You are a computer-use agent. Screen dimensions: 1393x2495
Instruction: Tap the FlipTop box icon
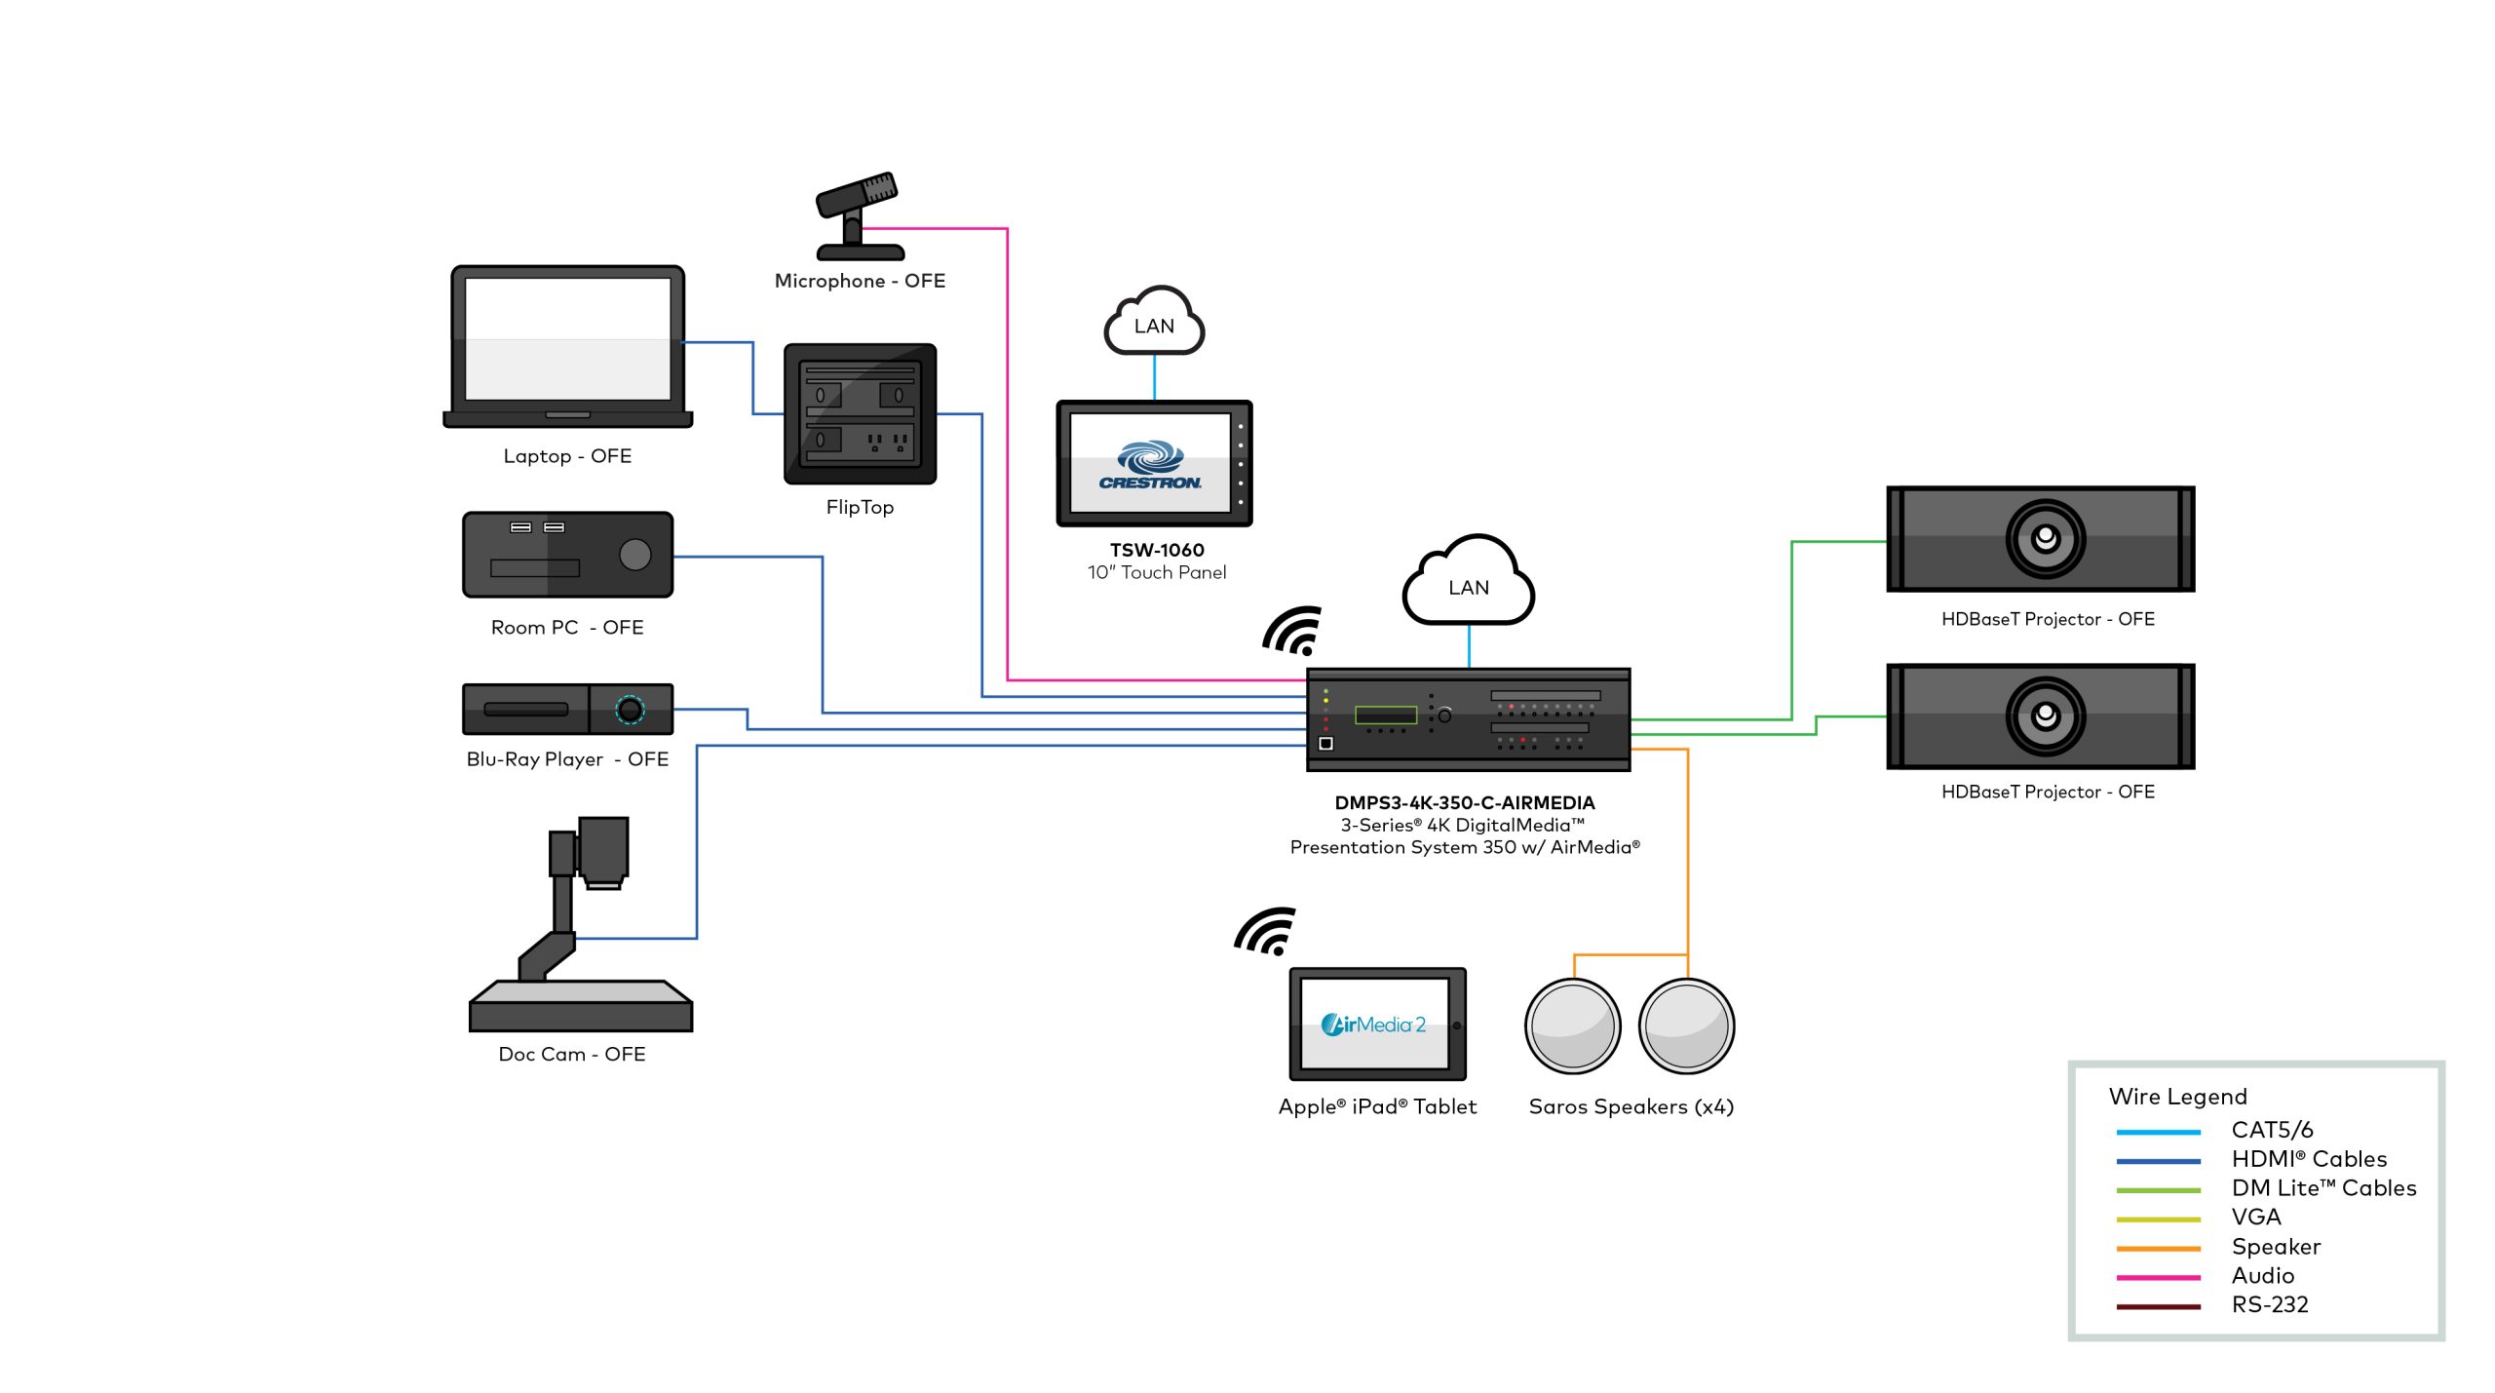click(x=860, y=413)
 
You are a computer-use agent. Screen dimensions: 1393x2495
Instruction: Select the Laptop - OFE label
click(x=567, y=456)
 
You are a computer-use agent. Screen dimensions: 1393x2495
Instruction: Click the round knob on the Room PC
click(x=634, y=554)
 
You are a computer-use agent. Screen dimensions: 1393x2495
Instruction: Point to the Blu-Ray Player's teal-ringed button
click(x=630, y=710)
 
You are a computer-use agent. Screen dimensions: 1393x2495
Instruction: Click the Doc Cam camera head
click(x=603, y=850)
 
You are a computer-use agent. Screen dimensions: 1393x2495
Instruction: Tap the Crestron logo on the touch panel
click(x=1150, y=464)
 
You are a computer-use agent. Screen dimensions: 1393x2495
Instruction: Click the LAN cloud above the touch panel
click(x=1154, y=324)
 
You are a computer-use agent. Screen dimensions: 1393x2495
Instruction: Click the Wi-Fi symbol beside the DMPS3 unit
click(x=1293, y=632)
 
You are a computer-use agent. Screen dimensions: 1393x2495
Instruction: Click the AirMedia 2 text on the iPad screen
click(x=1373, y=1025)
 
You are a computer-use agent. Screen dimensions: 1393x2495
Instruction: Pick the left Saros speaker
click(x=1572, y=1026)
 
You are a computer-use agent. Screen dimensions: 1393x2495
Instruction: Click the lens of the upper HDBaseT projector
click(x=2045, y=538)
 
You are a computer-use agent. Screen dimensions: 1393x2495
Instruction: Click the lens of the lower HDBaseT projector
click(x=2045, y=716)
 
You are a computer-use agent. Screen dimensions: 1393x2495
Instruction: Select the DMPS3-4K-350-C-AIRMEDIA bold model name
click(x=1464, y=803)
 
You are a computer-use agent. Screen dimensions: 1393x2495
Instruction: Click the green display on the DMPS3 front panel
click(x=1385, y=716)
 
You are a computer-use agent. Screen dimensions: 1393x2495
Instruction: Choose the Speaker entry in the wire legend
click(x=2275, y=1247)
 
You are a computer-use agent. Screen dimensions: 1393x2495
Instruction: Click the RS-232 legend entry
click(x=2269, y=1304)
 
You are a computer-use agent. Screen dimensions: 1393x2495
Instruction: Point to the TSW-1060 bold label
click(x=1157, y=550)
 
